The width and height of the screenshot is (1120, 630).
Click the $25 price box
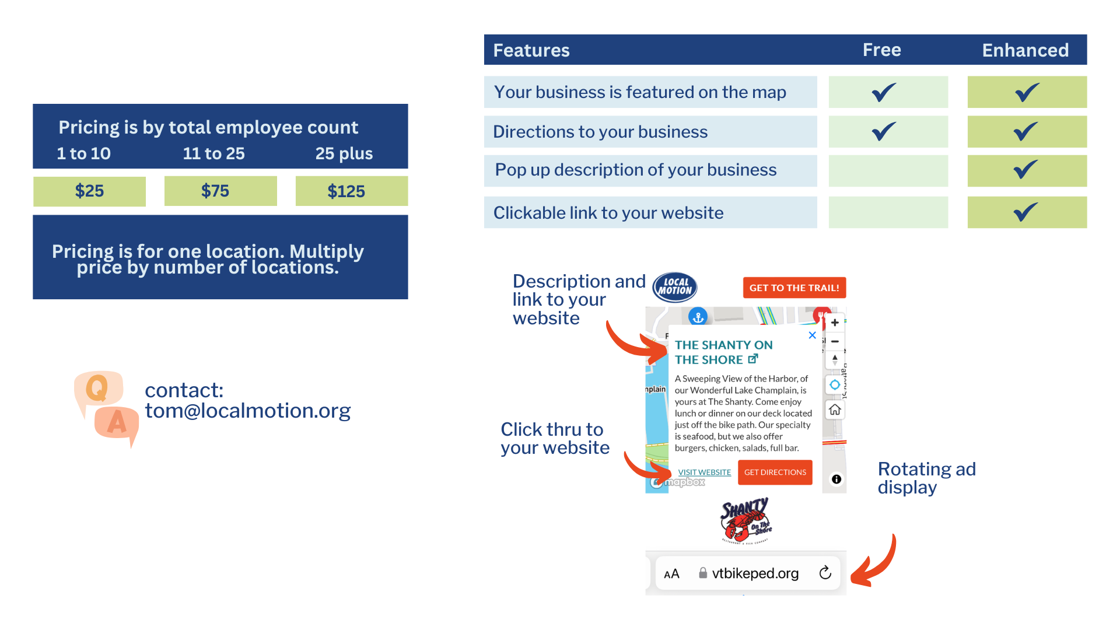(89, 191)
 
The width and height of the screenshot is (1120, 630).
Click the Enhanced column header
(1025, 50)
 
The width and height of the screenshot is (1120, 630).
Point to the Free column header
(881, 50)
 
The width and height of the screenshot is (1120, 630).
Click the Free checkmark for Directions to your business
(884, 131)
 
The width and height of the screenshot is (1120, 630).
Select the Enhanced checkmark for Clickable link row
(1026, 212)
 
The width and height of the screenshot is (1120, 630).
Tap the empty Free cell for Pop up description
(888, 170)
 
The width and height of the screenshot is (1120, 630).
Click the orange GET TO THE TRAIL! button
(794, 288)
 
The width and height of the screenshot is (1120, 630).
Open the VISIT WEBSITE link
(704, 473)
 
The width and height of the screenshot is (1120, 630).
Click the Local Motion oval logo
(674, 286)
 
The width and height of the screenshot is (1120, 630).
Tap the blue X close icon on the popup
(812, 335)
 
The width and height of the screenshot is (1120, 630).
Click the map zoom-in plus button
(835, 323)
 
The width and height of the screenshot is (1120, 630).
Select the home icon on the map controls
(835, 410)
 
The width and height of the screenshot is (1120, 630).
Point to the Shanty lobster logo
(745, 520)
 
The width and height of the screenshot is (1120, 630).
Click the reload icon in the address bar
(825, 573)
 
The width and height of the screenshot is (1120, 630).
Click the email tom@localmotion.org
(247, 411)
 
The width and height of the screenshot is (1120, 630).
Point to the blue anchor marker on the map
(698, 317)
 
